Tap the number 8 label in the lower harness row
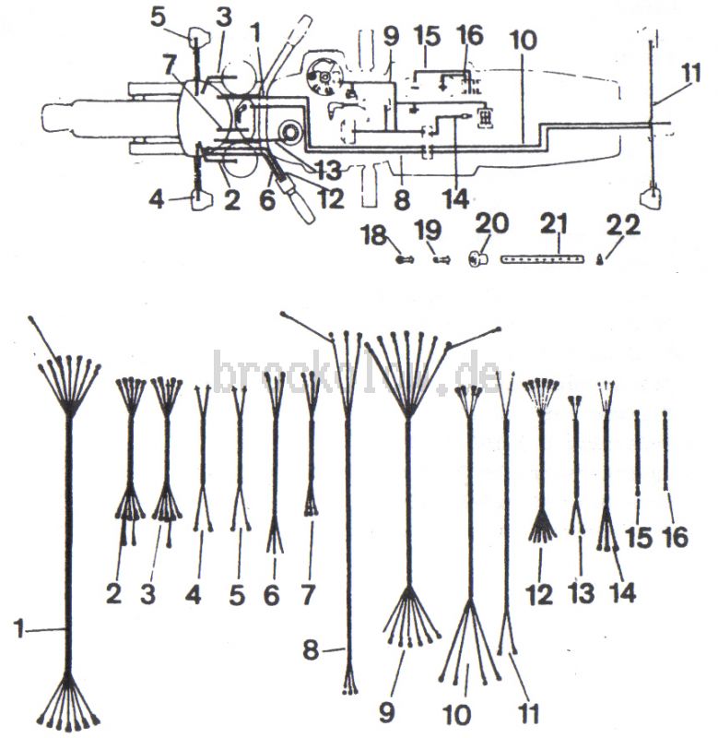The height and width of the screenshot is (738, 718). click(x=312, y=651)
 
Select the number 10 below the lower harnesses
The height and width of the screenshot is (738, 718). click(x=456, y=714)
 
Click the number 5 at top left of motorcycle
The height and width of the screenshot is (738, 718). click(x=159, y=17)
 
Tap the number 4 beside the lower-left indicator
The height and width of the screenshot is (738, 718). click(x=158, y=197)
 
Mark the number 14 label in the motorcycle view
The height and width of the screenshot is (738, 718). click(x=454, y=198)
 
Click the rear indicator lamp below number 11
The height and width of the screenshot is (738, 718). click(x=651, y=197)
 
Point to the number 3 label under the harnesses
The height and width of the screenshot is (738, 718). click(x=147, y=594)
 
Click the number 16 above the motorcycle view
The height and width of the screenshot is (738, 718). click(x=469, y=36)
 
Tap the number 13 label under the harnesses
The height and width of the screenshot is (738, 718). click(x=580, y=594)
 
